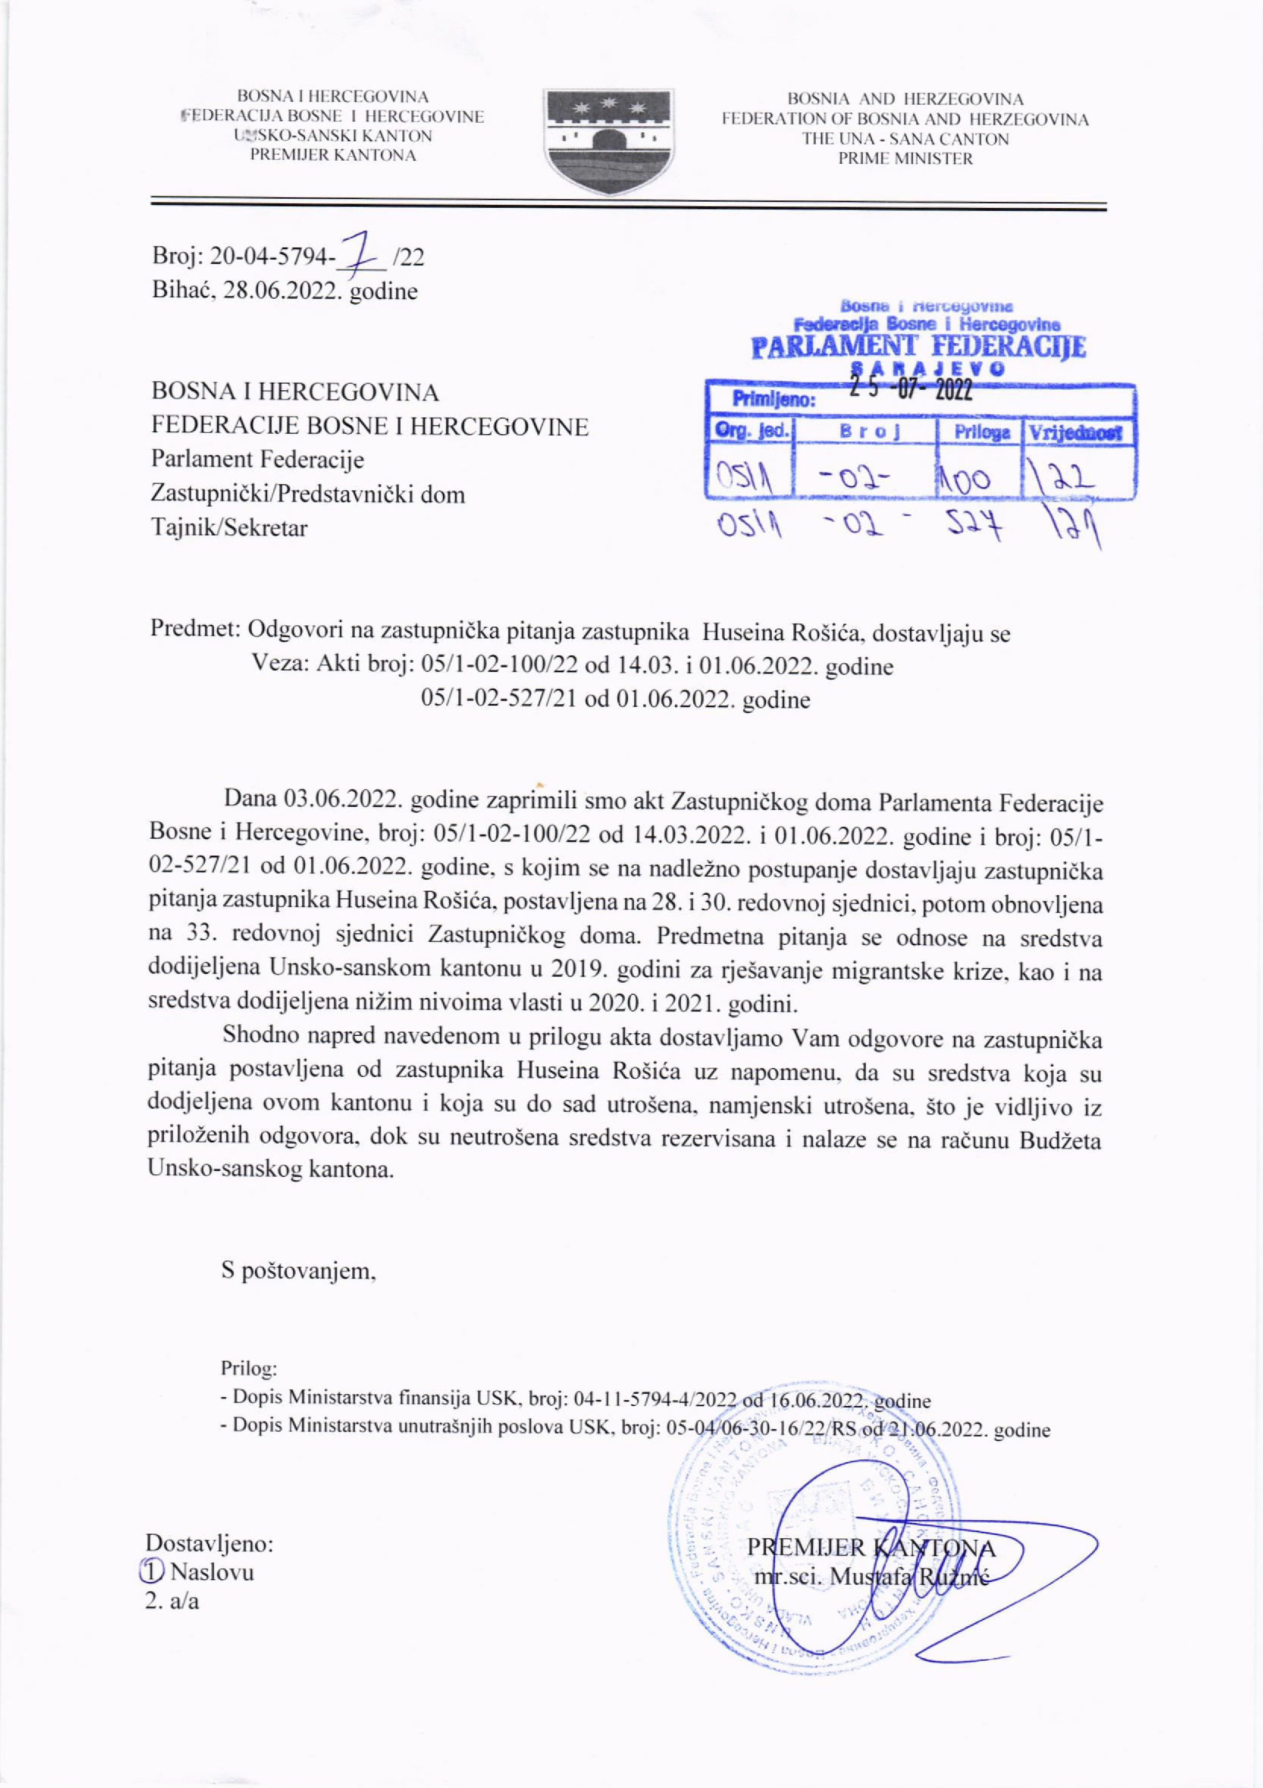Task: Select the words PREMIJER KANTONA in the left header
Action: [x=333, y=155]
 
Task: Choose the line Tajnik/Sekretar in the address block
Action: [x=230, y=528]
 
